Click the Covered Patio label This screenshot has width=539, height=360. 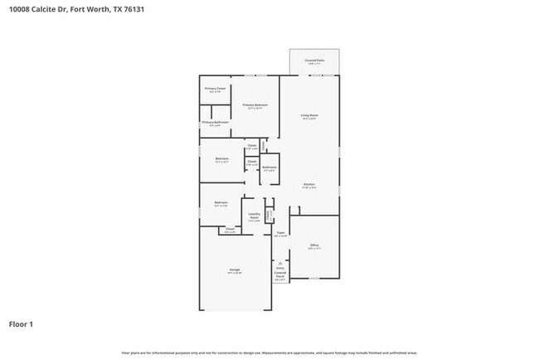[x=314, y=61]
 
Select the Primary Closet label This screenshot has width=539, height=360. [x=214, y=90]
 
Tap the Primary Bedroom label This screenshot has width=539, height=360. [x=255, y=105]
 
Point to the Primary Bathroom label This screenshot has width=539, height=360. [x=214, y=123]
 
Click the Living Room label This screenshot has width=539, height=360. [x=309, y=116]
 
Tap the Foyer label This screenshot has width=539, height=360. [x=280, y=234]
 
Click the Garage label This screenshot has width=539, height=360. [x=235, y=270]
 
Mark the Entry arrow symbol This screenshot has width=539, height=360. [x=280, y=263]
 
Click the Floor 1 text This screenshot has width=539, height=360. [x=22, y=324]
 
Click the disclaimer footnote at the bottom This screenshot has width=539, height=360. [x=269, y=353]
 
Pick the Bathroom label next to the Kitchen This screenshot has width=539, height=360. [x=269, y=168]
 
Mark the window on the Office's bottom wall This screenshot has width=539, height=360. [x=314, y=279]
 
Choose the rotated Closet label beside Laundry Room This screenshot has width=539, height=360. [x=269, y=215]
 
